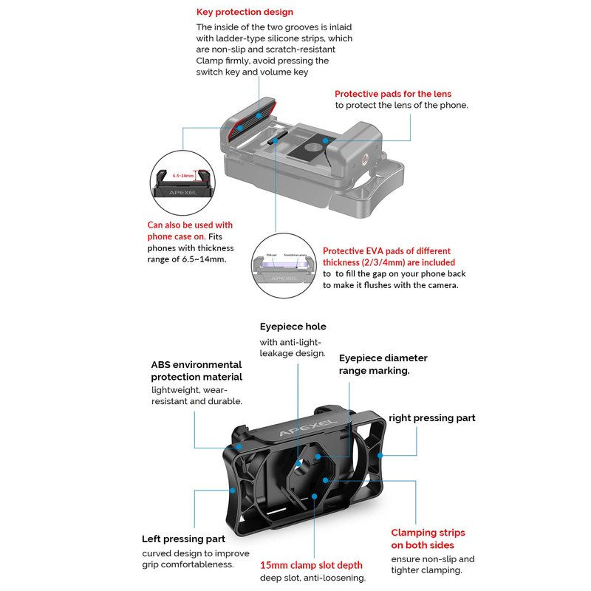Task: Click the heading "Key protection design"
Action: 245,12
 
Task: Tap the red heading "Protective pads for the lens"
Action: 392,94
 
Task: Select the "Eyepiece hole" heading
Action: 293,327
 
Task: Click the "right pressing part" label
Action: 432,418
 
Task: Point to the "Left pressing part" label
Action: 183,539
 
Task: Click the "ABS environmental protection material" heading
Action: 197,371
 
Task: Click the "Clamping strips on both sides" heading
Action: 428,539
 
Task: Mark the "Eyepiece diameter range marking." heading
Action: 383,364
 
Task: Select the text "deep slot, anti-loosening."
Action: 312,578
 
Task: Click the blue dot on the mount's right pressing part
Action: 380,456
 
